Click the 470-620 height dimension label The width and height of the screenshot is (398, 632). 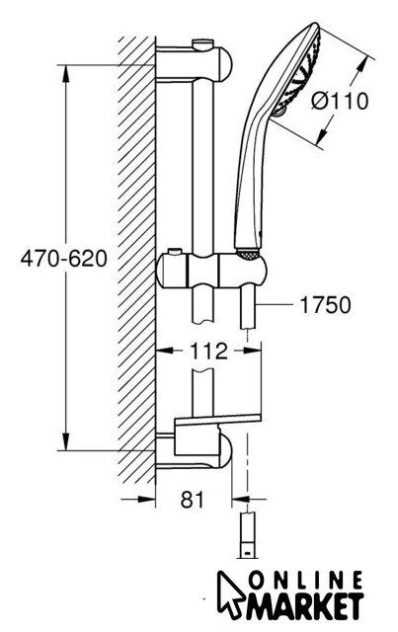[x=64, y=259]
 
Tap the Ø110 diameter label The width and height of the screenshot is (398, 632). [x=340, y=101]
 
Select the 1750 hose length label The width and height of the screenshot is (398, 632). [x=326, y=305]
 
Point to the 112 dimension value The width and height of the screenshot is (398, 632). [x=208, y=352]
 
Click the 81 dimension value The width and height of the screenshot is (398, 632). [x=193, y=500]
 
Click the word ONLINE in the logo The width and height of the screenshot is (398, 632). [x=305, y=583]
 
